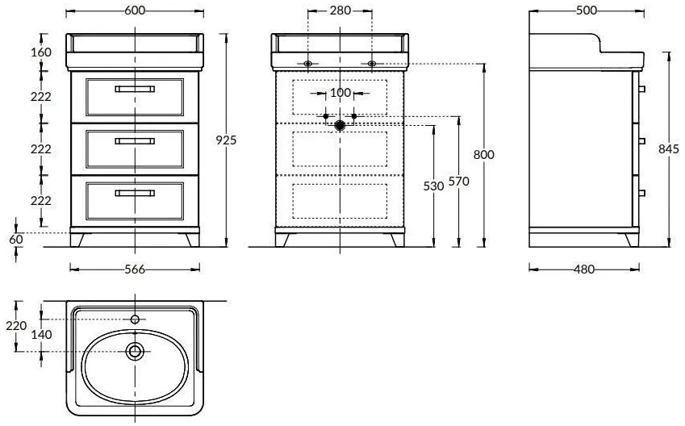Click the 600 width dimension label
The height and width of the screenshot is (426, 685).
pyautogui.click(x=135, y=10)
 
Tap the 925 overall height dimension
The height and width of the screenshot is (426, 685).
pyautogui.click(x=226, y=140)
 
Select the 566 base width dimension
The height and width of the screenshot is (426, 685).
pyautogui.click(x=135, y=269)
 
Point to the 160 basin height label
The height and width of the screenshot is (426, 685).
pyautogui.click(x=41, y=52)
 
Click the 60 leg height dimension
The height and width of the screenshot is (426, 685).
pyautogui.click(x=15, y=240)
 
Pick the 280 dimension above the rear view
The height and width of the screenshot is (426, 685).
pyautogui.click(x=340, y=10)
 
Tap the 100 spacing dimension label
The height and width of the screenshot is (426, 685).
pyautogui.click(x=340, y=93)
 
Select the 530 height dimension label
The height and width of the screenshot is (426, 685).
pyautogui.click(x=433, y=186)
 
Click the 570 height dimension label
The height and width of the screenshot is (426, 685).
pyautogui.click(x=459, y=181)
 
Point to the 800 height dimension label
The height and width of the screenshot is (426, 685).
pyautogui.click(x=483, y=154)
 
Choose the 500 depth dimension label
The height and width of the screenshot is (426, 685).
pyautogui.click(x=587, y=10)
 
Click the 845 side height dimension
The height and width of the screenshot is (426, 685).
pyautogui.click(x=669, y=149)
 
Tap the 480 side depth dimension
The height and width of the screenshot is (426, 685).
pyautogui.click(x=584, y=269)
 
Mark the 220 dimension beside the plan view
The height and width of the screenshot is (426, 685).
pyautogui.click(x=16, y=325)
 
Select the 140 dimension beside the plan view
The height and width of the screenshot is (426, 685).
pyautogui.click(x=41, y=335)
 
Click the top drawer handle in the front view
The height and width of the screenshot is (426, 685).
pyautogui.click(x=135, y=89)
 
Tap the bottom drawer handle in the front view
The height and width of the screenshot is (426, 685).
pyautogui.click(x=135, y=193)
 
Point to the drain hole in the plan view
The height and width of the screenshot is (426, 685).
pyautogui.click(x=135, y=351)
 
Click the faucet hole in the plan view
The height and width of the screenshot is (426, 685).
pyautogui.click(x=135, y=319)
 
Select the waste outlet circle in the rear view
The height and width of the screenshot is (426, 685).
pyautogui.click(x=340, y=126)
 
